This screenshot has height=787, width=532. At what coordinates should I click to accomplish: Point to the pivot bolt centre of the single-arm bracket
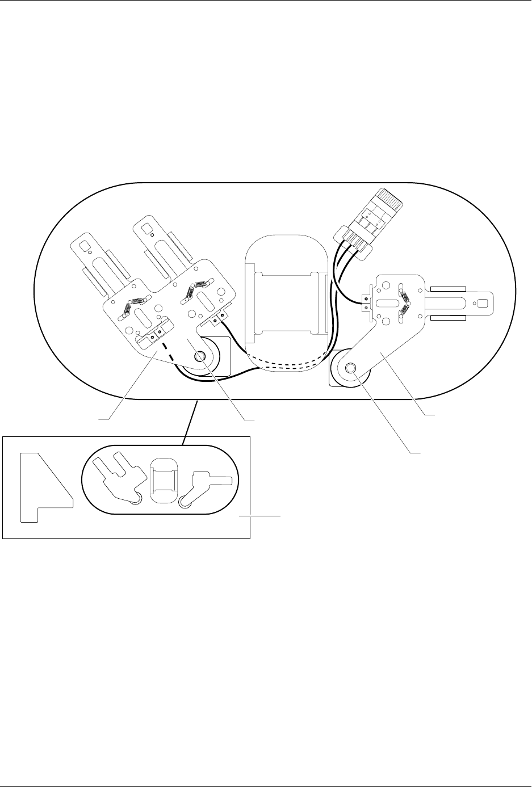click(x=349, y=369)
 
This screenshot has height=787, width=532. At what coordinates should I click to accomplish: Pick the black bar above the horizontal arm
click(x=449, y=288)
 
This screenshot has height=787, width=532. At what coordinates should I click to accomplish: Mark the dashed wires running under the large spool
click(x=284, y=366)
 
